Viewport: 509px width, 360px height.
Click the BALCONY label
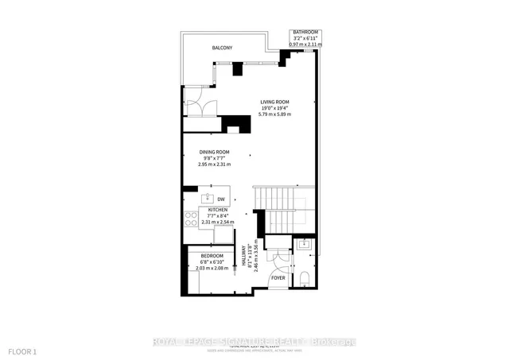222,48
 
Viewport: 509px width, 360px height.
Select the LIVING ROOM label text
275,102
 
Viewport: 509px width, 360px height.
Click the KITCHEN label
218,210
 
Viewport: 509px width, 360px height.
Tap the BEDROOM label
212,256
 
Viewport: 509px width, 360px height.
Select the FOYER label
278,278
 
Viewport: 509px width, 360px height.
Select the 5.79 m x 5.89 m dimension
275,114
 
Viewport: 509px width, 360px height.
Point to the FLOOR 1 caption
21,350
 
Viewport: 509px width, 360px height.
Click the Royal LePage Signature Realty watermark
254,342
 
